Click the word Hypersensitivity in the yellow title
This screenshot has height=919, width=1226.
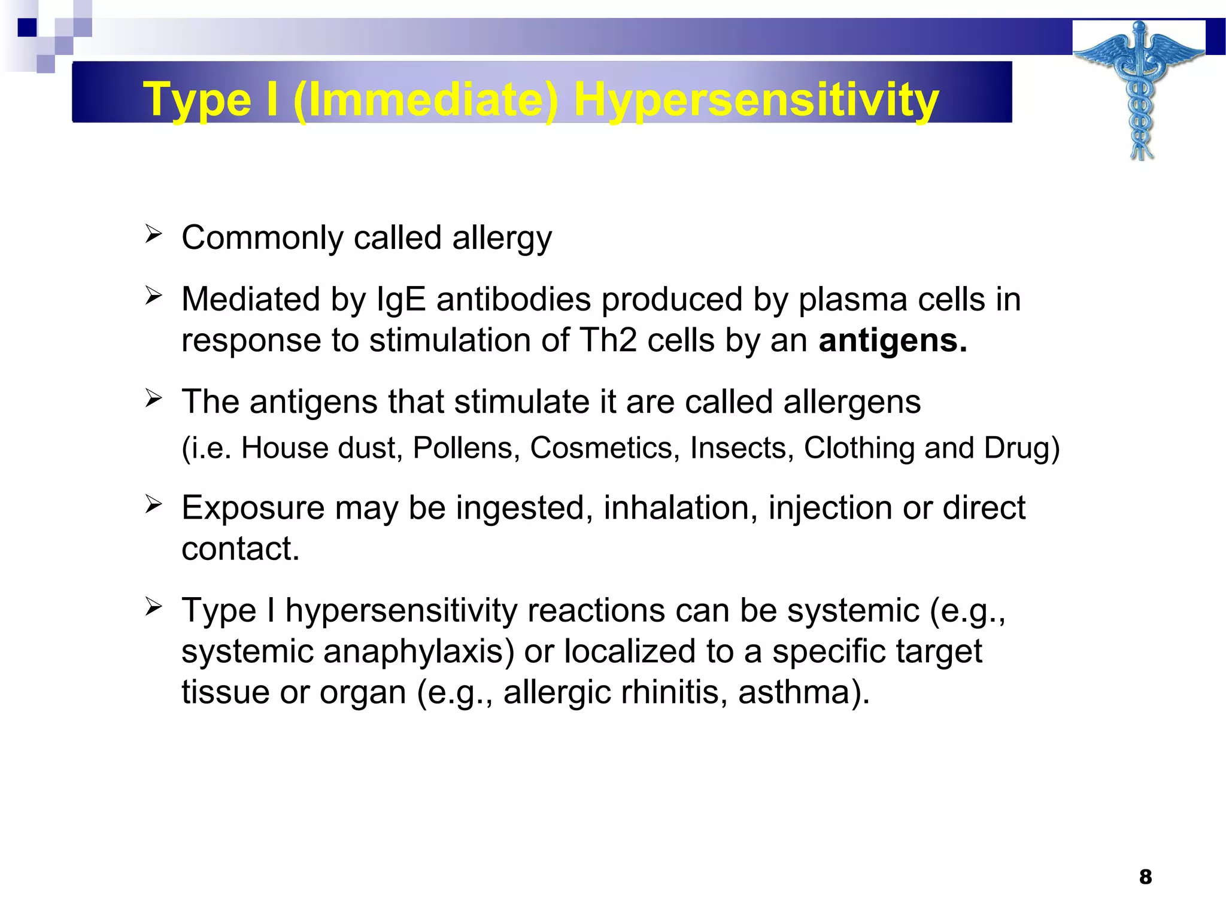[x=756, y=99]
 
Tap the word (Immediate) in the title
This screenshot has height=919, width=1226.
[x=426, y=99]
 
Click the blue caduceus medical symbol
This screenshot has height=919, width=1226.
[x=1140, y=90]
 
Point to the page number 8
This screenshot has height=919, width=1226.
[x=1145, y=877]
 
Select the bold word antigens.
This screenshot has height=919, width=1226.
[x=892, y=340]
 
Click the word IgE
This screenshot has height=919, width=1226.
[x=401, y=299]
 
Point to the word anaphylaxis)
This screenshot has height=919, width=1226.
[x=418, y=651]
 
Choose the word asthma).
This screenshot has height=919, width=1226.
[x=803, y=692]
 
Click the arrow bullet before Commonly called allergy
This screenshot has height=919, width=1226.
[x=153, y=234]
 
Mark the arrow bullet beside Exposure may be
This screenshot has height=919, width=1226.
[x=153, y=504]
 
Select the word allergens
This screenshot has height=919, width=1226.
[x=852, y=401]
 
